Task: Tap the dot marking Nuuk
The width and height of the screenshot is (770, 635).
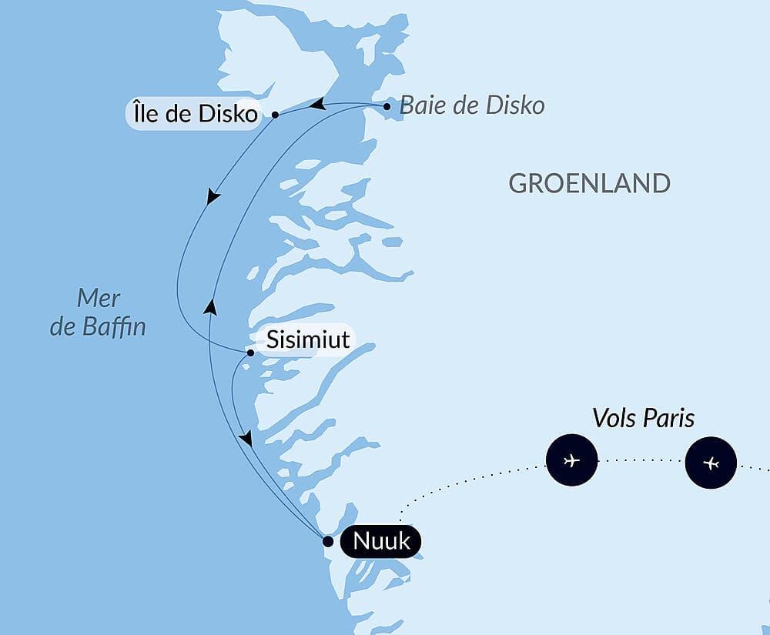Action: tap(327, 541)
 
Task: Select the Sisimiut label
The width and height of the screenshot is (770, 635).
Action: tap(308, 339)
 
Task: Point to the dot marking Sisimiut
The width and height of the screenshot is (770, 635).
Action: tap(250, 353)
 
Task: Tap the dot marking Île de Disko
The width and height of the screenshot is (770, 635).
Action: tap(275, 115)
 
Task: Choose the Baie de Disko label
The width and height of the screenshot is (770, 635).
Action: tap(472, 105)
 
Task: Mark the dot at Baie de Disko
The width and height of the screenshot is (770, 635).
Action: tap(387, 106)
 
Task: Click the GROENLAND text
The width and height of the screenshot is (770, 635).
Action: tap(589, 183)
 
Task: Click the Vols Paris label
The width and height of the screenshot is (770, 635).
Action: tap(643, 418)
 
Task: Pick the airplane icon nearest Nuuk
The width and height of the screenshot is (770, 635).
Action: tap(571, 461)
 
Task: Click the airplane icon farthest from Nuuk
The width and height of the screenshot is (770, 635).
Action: tap(711, 463)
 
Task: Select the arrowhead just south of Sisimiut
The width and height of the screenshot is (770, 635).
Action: tap(246, 439)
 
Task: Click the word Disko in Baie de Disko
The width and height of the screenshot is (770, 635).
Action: tap(516, 105)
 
